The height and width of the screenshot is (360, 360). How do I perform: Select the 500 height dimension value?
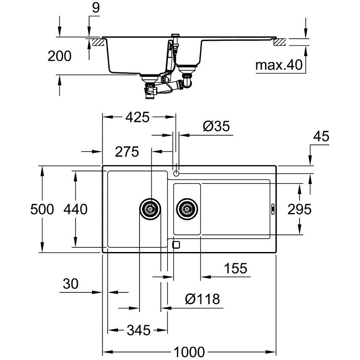pyautogui.click(x=42, y=209)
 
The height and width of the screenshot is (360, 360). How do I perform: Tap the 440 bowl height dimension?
pyautogui.click(x=76, y=209)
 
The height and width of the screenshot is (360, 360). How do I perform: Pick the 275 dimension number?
pyautogui.click(x=127, y=152)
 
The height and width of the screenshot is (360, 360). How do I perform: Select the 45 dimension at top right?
pyautogui.click(x=321, y=137)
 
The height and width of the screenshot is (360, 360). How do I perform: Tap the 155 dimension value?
pyautogui.click(x=235, y=268)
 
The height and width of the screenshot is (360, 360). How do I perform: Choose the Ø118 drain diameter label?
pyautogui.click(x=202, y=299)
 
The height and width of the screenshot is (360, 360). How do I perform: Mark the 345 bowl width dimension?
pyautogui.click(x=137, y=331)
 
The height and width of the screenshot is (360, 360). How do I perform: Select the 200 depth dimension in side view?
pyautogui.click(x=59, y=56)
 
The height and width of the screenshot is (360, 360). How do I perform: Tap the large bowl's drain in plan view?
pyautogui.click(x=150, y=208)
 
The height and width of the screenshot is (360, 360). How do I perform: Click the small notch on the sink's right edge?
pyautogui.click(x=273, y=208)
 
